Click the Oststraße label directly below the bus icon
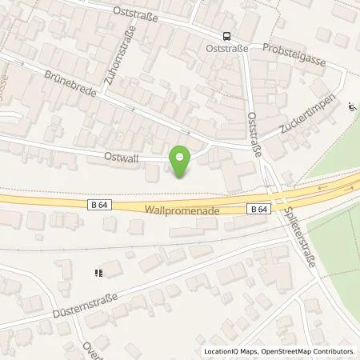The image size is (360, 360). (226, 48)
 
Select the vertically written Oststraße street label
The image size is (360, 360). (254, 136)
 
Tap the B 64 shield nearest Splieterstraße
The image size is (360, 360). (259, 209)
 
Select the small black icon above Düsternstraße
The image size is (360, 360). (98, 273)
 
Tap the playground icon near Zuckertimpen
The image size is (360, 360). (354, 106)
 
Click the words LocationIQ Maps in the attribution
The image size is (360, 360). (231, 351)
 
